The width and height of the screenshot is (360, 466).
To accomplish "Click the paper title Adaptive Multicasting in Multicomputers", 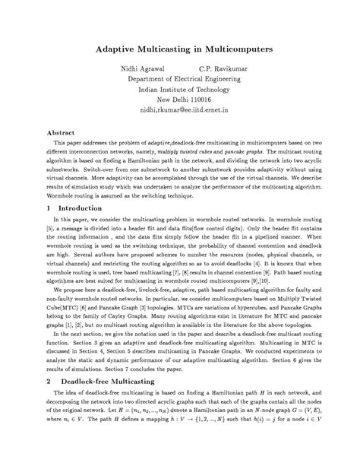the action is pos(179,47).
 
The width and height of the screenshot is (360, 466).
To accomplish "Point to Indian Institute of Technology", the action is pos(179,89).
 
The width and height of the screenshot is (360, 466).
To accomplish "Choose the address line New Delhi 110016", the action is pos(179,99).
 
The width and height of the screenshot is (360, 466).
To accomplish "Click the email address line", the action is pos(179,109).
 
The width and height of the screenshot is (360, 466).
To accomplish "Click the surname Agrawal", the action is pos(150,68).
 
